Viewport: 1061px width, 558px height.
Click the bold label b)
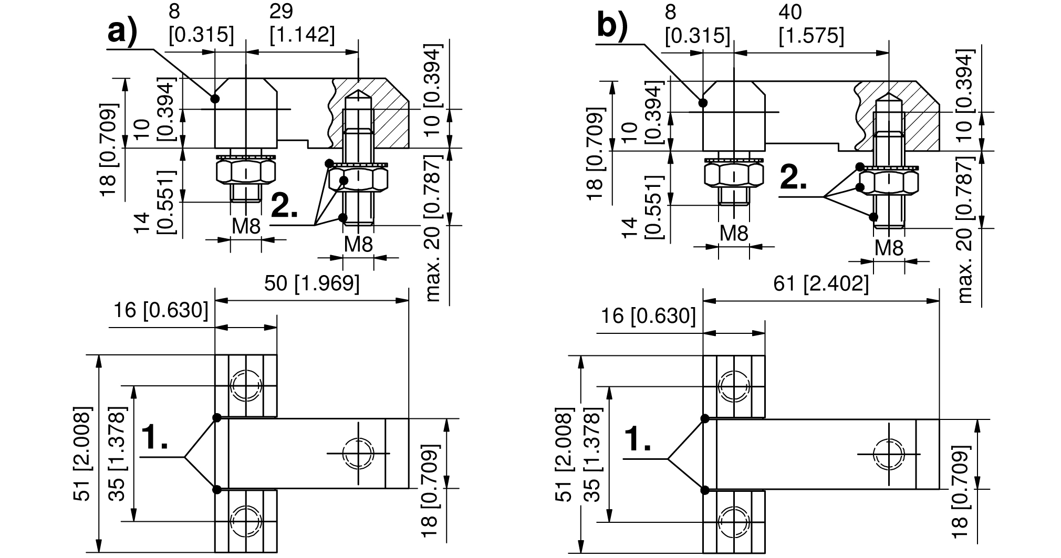[x=612, y=28]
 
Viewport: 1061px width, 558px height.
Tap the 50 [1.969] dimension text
[x=311, y=283]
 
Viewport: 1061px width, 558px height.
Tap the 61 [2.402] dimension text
[x=820, y=284]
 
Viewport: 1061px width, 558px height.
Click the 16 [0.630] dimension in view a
[x=161, y=311]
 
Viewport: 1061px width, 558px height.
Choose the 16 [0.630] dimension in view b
[x=648, y=316]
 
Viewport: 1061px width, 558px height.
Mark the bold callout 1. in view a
[x=155, y=438]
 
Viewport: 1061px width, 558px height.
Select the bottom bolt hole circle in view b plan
[x=734, y=522]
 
